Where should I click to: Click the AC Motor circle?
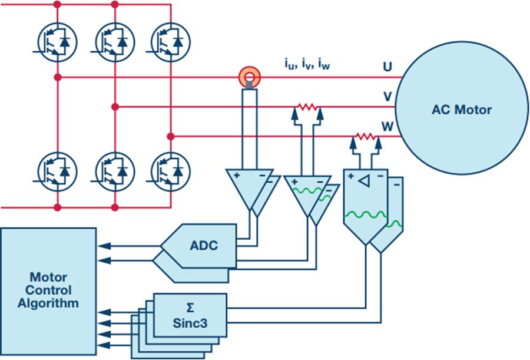[x=462, y=108]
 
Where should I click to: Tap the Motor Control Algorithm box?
[x=48, y=291]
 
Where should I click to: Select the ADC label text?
[x=204, y=245]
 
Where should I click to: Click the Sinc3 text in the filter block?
[x=190, y=323]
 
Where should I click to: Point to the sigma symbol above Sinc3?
[x=190, y=308]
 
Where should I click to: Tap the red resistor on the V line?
[x=307, y=107]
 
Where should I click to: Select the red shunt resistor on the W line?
[x=366, y=136]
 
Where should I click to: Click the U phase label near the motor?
[x=387, y=67]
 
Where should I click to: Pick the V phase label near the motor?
[x=387, y=97]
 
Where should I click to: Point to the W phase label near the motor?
[x=387, y=127]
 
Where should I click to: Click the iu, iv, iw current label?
[x=307, y=64]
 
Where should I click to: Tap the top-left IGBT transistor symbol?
[x=57, y=42]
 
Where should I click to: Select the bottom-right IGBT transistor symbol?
[x=170, y=172]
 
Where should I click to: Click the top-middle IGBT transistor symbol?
[x=115, y=42]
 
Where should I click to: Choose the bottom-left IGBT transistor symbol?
[x=57, y=172]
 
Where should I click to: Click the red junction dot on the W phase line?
[x=171, y=136]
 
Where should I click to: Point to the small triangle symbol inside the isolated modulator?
[x=364, y=181]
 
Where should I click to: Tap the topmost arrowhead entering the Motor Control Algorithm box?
[x=104, y=246]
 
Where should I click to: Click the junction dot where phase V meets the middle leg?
[x=115, y=107]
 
